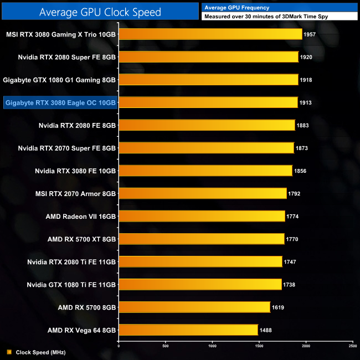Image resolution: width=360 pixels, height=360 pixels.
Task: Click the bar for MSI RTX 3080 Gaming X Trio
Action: pos(210,34)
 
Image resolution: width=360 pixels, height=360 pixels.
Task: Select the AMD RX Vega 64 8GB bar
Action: pos(188,330)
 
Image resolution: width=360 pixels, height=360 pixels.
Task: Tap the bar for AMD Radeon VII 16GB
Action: pos(202,216)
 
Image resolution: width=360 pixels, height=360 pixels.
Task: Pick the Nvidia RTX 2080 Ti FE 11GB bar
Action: pos(200,261)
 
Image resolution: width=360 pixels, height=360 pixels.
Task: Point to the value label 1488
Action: pos(266,330)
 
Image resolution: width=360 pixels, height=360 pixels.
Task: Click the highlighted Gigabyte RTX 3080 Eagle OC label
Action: pos(60,102)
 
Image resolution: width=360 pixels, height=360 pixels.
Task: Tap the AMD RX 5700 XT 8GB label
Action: pos(81,239)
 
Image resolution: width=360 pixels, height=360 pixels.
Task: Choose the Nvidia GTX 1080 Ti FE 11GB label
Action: pos(71,284)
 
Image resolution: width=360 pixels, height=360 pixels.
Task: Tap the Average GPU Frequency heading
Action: pos(236,8)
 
